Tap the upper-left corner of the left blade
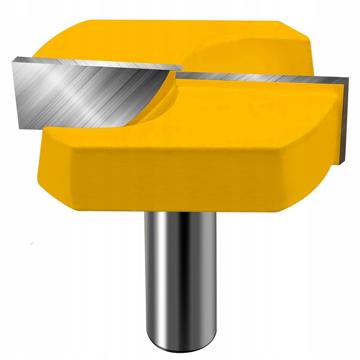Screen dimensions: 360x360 click(13, 58)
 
